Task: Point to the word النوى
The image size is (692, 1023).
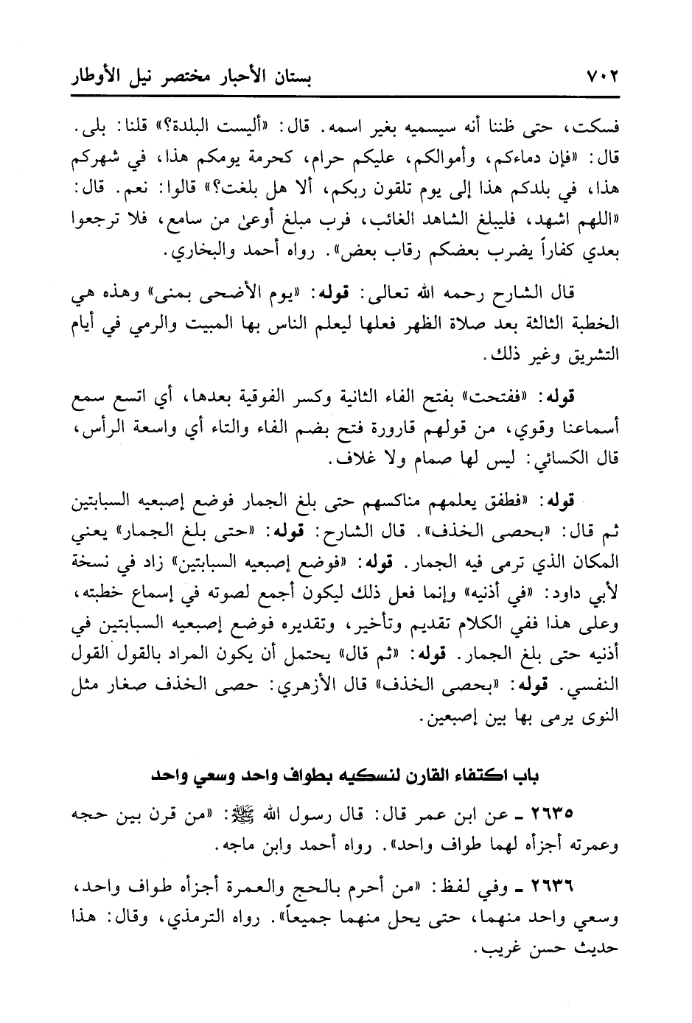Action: tap(600, 714)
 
